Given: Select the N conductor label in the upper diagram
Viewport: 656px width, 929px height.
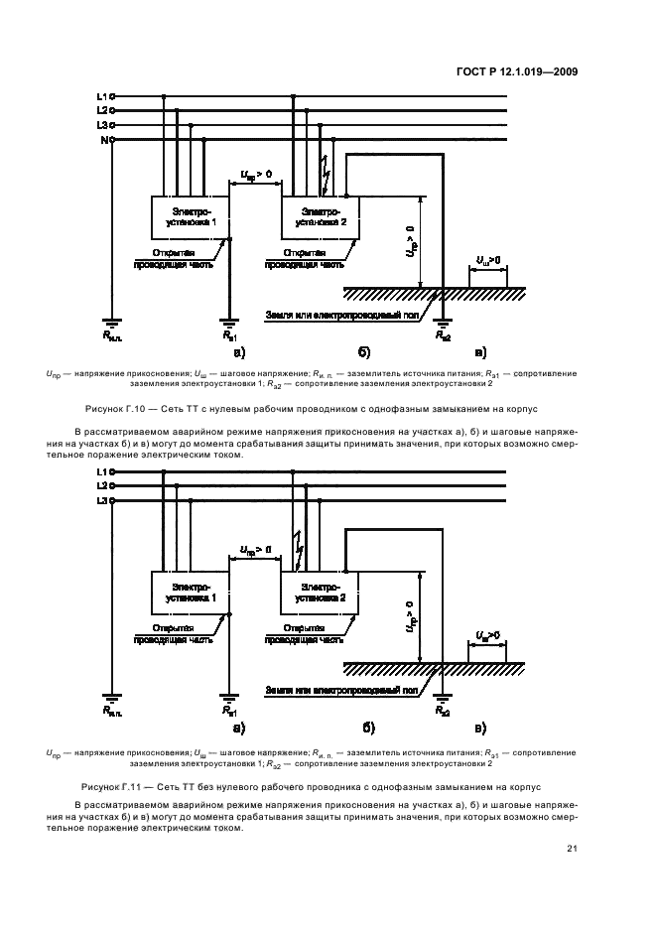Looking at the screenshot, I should point(103,140).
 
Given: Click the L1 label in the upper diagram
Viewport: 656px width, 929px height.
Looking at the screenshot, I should point(101,96).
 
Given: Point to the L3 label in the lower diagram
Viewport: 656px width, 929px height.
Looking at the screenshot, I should point(101,501).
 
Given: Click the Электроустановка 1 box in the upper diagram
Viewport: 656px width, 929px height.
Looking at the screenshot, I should point(191,217).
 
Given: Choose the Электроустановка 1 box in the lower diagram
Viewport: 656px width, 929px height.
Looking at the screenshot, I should point(191,594).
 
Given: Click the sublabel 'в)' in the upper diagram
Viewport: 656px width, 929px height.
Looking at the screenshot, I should point(480,351).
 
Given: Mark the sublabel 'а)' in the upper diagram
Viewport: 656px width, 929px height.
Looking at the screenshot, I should point(239,351).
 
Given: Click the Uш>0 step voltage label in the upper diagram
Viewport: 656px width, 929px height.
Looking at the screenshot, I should point(487,260).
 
